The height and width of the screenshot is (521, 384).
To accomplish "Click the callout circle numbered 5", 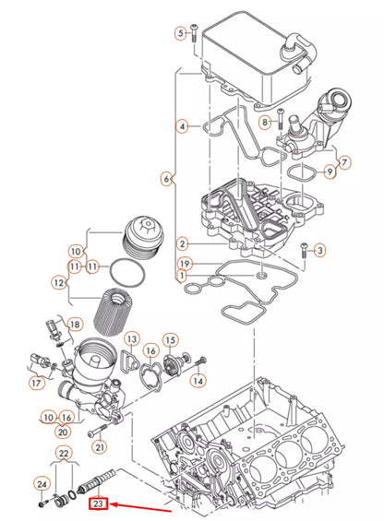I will [x=181, y=34].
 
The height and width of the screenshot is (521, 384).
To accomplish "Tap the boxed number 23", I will [x=99, y=503].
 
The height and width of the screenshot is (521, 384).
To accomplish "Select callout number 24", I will [x=42, y=483].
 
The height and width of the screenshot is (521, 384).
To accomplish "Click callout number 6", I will [x=167, y=178].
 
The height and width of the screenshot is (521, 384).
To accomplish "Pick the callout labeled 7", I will [x=345, y=162].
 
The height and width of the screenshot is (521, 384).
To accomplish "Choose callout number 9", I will [x=330, y=172].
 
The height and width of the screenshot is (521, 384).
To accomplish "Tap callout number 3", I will [x=319, y=250].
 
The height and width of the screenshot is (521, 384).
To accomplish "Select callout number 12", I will [x=59, y=282].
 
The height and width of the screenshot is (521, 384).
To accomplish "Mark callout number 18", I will [x=76, y=324].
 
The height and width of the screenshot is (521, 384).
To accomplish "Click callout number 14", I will [x=198, y=380].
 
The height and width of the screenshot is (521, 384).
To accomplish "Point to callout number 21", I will [x=100, y=447].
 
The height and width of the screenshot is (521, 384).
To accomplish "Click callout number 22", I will [x=64, y=453].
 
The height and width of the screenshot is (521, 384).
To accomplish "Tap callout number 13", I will [x=131, y=340].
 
